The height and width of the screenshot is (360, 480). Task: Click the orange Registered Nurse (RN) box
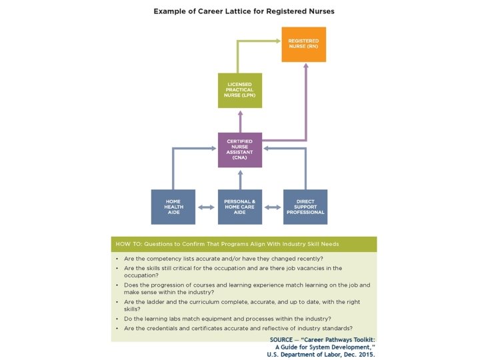tap(303, 45)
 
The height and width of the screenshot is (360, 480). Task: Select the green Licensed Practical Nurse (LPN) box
tap(240, 91)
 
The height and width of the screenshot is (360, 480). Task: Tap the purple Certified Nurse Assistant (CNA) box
tap(240, 150)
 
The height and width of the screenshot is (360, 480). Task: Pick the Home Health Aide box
tap(173, 207)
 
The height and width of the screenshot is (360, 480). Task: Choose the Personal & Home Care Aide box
tap(240, 207)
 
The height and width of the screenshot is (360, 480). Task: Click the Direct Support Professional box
tap(305, 207)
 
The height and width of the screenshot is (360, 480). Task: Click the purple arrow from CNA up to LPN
tap(240, 120)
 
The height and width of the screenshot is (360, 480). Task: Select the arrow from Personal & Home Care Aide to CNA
tap(240, 179)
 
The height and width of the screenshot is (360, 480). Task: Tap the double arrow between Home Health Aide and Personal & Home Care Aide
tap(207, 207)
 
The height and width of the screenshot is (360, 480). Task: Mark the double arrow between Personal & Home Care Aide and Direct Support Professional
tap(273, 207)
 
